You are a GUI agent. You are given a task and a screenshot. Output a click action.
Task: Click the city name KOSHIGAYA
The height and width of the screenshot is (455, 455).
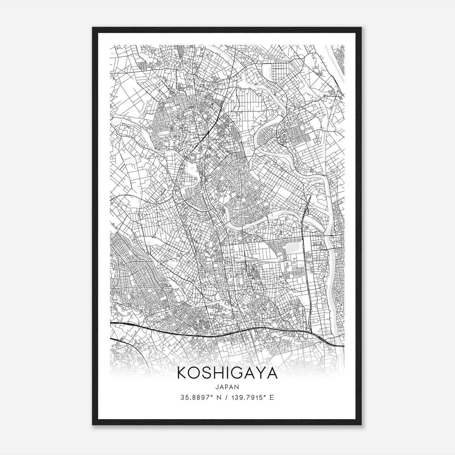click(227, 373)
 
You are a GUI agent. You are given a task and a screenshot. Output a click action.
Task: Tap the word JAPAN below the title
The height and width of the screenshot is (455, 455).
click(227, 387)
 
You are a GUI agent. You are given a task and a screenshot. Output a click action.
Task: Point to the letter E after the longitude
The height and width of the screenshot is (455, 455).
click(272, 398)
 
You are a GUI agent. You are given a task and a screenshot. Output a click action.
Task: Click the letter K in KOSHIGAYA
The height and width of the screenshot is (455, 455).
click(183, 373)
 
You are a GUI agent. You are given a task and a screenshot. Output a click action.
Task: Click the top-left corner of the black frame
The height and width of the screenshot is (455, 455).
click(93, 28)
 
